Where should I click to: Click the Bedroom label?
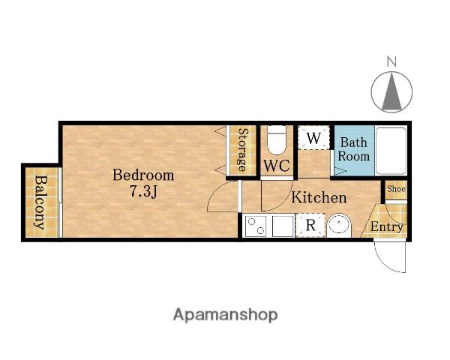[143, 175]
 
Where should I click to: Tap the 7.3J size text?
[143, 191]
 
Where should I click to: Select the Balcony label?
[40, 202]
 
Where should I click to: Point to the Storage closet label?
[243, 150]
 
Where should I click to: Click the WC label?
[277, 165]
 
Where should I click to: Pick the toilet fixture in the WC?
[277, 139]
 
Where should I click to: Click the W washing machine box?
[313, 138]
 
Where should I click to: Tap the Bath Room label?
[354, 149]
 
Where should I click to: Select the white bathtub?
[391, 151]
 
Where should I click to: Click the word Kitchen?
[319, 197]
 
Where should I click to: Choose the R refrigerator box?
[310, 225]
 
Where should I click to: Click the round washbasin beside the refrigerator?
[339, 225]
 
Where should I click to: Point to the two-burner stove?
[256, 226]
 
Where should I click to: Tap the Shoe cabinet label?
[396, 189]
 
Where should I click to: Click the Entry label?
[387, 226]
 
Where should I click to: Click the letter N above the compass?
[391, 61]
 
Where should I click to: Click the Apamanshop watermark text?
[225, 315]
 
